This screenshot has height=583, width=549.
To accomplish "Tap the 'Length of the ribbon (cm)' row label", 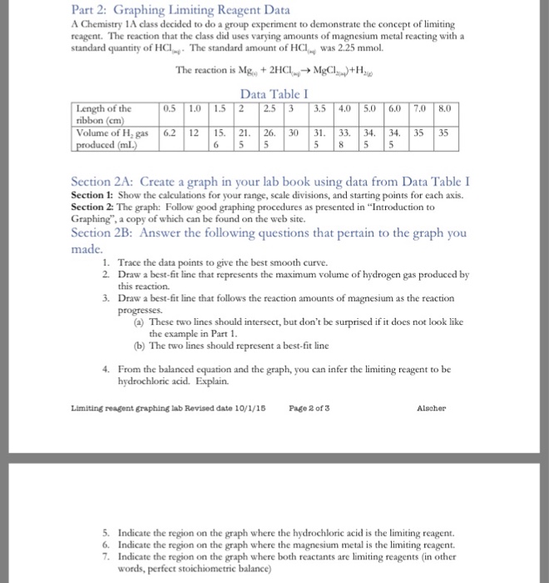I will click(103, 113).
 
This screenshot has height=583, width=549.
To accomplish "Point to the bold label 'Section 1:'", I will click(92, 195).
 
